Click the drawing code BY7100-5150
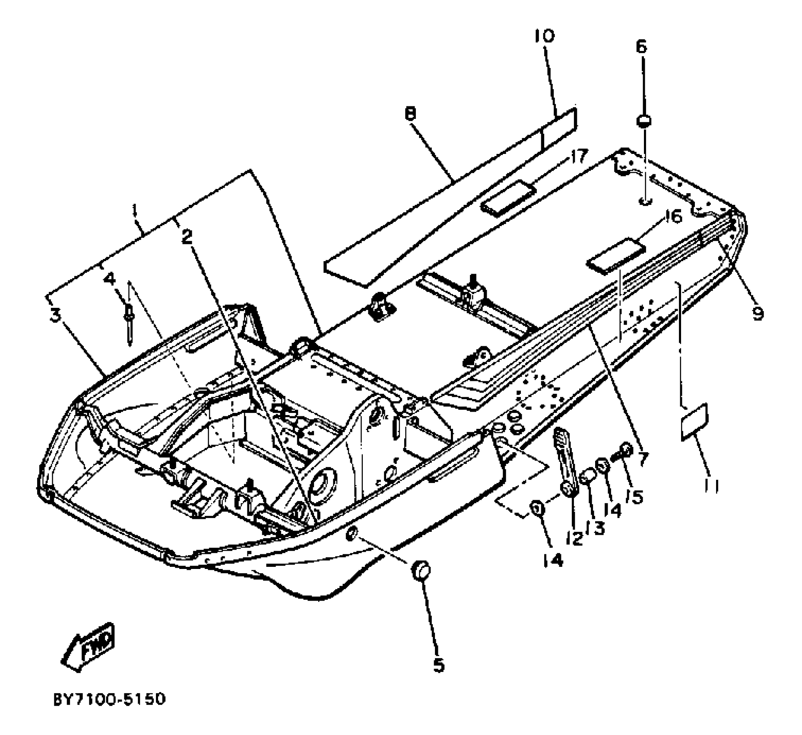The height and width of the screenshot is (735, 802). tap(109, 699)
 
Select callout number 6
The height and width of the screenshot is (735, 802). tap(642, 46)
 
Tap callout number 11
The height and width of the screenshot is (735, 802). tap(710, 486)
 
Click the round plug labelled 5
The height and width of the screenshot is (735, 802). tap(421, 571)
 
